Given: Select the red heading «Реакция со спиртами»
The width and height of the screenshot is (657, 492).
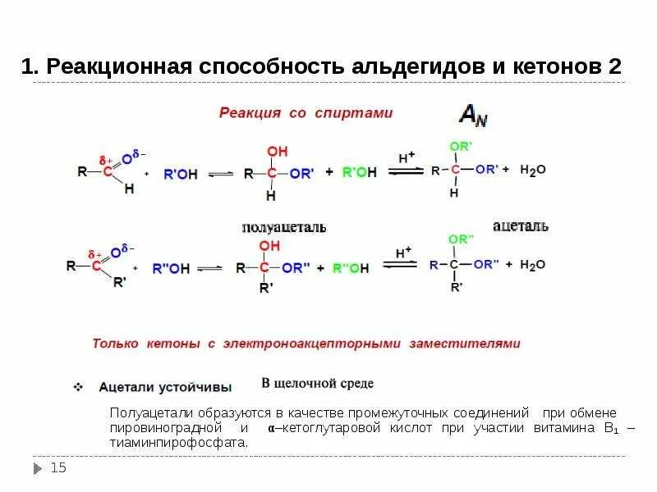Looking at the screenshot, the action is pyautogui.click(x=306, y=113).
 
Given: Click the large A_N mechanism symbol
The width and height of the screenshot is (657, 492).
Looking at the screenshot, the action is pyautogui.click(x=472, y=116).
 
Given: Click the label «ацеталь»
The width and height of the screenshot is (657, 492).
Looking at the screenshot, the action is pyautogui.click(x=521, y=225).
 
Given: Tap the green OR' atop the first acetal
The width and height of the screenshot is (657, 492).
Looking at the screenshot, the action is pyautogui.click(x=459, y=147).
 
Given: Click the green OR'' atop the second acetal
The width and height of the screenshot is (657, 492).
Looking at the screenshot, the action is pyautogui.click(x=461, y=239).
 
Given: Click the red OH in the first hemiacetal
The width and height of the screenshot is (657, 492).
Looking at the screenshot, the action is pyautogui.click(x=278, y=153).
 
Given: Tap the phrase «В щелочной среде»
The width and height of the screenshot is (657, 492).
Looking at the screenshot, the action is pyautogui.click(x=317, y=383).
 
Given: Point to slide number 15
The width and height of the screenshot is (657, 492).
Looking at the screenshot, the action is pyautogui.click(x=58, y=468).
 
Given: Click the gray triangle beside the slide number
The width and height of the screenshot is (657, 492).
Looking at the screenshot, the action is pyautogui.click(x=38, y=469).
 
